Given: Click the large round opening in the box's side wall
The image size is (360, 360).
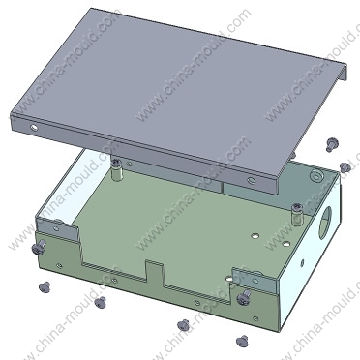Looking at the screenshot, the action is [x=325, y=223].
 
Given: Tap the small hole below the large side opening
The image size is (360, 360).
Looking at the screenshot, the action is [x=302, y=262].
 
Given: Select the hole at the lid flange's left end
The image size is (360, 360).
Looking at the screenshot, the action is [x=34, y=128].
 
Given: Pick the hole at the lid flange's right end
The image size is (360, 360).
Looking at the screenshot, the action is [x=251, y=180].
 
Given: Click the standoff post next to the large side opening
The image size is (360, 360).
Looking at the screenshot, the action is [x=297, y=214].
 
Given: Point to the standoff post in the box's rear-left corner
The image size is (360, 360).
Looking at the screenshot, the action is [x=116, y=170].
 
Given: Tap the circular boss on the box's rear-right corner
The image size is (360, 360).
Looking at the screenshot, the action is [x=316, y=175].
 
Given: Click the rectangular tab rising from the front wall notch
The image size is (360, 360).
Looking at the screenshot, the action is [x=155, y=274].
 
